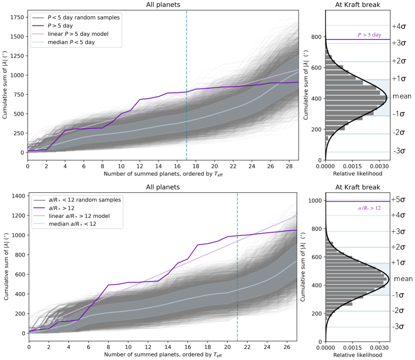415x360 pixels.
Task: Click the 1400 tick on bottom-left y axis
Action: [18, 196]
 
